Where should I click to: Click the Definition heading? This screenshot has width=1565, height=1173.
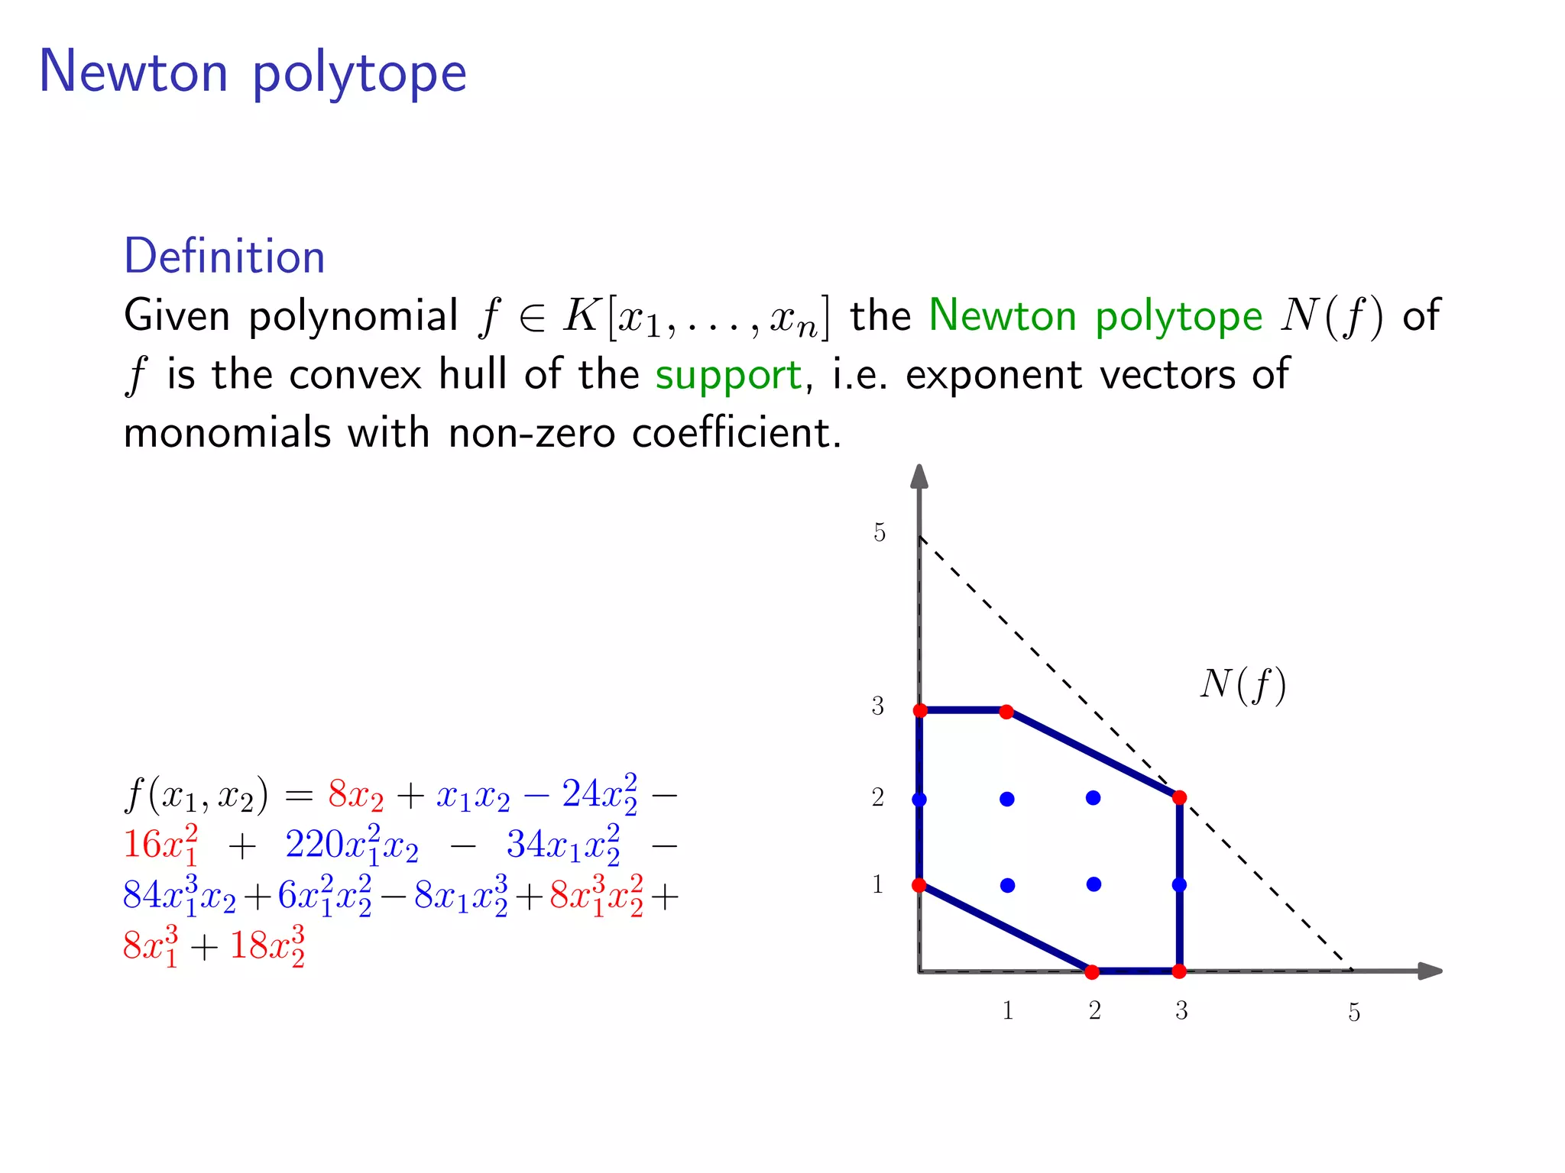point(224,257)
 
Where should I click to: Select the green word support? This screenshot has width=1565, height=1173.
point(728,376)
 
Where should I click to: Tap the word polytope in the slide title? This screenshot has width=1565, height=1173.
point(359,74)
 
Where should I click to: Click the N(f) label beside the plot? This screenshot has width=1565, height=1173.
point(1243,685)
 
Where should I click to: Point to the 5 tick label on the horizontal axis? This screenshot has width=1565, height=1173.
point(1354,1013)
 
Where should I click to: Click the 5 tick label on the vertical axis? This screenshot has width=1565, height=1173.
point(880,532)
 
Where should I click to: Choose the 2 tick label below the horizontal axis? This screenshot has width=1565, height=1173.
point(1094,1011)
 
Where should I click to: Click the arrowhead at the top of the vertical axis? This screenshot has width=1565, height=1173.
point(919,477)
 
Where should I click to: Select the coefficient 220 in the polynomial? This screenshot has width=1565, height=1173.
point(314,845)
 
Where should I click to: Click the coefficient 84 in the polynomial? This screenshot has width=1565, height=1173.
point(142,895)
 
